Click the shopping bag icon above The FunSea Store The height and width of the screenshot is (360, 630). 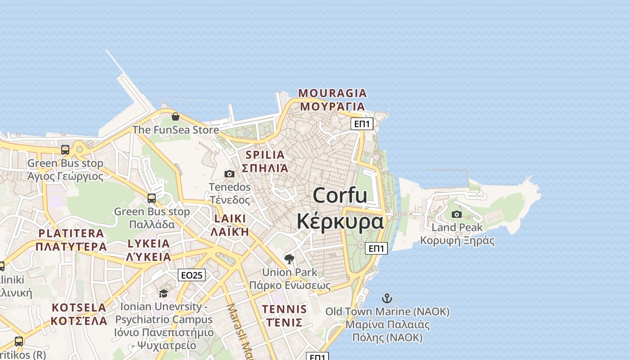point(175,117)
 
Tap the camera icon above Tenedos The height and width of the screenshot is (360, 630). point(229,174)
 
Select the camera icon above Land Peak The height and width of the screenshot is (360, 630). point(457,214)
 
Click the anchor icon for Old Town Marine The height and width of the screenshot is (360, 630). point(387,298)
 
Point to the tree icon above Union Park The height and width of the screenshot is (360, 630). point(289,259)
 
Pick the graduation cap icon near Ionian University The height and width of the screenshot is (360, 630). point(163,293)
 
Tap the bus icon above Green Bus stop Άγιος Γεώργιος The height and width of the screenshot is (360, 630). point(65,150)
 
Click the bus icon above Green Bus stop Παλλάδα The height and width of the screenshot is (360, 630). point(152,198)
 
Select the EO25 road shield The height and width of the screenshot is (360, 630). point(192,275)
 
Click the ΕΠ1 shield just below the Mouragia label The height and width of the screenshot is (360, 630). point(362,124)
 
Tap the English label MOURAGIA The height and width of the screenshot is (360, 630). point(333,93)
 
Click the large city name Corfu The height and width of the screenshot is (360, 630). point(340,196)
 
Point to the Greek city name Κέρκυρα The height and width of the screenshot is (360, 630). point(340,221)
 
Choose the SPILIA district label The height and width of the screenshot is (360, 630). point(265,155)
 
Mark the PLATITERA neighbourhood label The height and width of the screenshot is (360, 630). point(71,233)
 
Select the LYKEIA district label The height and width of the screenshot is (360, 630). point(148,243)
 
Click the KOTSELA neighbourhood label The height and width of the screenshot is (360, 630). point(79,308)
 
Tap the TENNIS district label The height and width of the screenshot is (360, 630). point(284,309)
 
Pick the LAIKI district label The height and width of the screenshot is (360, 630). point(230,219)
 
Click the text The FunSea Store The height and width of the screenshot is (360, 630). point(175,130)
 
